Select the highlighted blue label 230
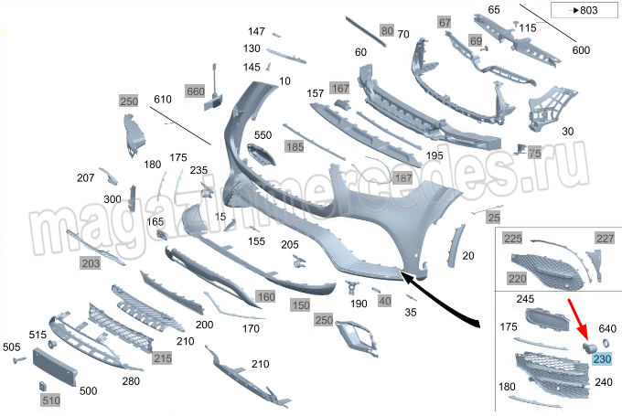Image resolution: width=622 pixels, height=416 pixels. click(602, 359)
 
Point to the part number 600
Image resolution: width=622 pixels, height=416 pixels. click(581, 50)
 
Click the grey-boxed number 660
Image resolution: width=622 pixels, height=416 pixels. click(195, 91)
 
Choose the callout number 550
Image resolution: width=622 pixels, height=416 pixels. click(263, 135)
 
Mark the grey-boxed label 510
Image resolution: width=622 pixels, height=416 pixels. click(48, 400)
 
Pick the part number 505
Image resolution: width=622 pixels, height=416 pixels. click(12, 347)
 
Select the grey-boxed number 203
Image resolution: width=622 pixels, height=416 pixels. click(91, 263)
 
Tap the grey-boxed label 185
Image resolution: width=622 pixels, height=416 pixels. click(294, 146)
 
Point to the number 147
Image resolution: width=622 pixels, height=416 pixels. click(256, 32)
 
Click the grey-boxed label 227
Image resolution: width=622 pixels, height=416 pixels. click(606, 239)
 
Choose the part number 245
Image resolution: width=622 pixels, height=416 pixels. click(525, 299)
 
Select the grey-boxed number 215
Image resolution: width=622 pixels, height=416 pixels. click(162, 357)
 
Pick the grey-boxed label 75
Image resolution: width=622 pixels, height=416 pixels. click(534, 154)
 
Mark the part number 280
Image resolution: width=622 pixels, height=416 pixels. click(131, 381)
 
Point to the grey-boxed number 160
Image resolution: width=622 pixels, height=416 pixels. click(265, 297)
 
